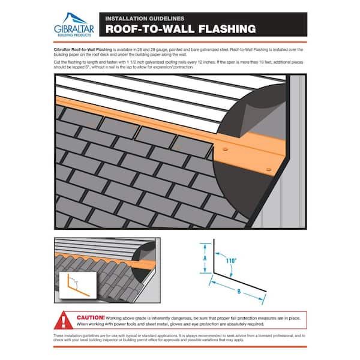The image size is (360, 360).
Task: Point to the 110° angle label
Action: [231, 261]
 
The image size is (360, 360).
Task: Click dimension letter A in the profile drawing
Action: [206, 259]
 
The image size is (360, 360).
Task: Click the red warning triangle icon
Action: [65, 318]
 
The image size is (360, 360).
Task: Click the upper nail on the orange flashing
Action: [225, 148]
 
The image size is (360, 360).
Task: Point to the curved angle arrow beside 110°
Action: [223, 266]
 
